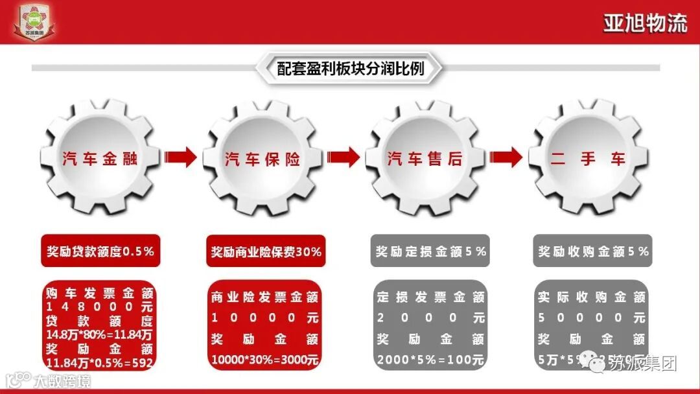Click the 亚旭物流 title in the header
645,23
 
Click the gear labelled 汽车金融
100,157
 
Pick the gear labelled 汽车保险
262,157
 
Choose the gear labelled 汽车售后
426,157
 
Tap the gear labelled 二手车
589,157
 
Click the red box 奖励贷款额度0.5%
100,251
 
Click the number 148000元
100,306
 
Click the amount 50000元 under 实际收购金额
593,318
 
